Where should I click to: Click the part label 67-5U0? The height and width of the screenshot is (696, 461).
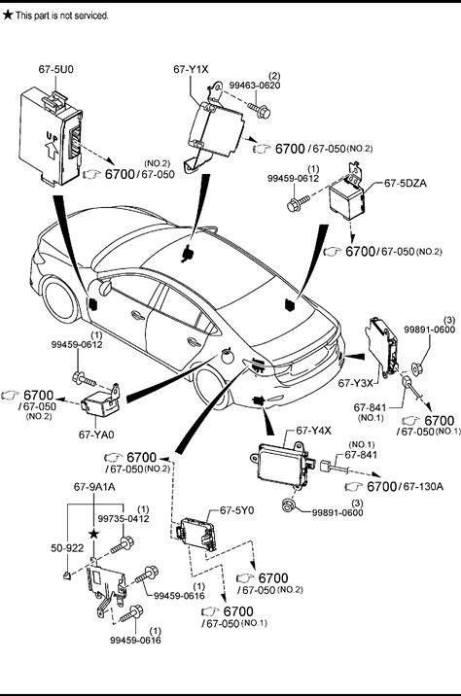pos(56,69)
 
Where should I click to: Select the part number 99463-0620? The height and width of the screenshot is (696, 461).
pos(255,86)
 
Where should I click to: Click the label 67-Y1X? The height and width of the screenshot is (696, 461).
pos(191,69)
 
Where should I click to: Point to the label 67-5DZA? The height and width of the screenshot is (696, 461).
pos(405,183)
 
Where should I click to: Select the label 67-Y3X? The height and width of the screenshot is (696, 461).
pos(356,383)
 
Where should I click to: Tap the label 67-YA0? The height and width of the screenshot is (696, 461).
pos(96,435)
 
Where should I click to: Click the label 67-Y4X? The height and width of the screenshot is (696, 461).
pos(313,430)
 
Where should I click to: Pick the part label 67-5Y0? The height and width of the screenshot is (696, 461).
pos(237,510)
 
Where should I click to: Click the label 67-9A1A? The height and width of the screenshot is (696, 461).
pos(94,487)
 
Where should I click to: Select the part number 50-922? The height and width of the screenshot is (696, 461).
pos(67,548)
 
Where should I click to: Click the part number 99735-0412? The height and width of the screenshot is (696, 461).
pos(124,518)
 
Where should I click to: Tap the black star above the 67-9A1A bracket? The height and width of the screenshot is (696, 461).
pos(93,534)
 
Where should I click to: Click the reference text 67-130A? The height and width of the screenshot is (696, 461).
pos(423,486)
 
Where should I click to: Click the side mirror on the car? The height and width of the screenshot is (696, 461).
pos(105,288)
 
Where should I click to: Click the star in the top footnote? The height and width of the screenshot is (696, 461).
pos(8,15)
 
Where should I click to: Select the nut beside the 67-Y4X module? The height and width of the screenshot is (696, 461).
pos(289,505)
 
